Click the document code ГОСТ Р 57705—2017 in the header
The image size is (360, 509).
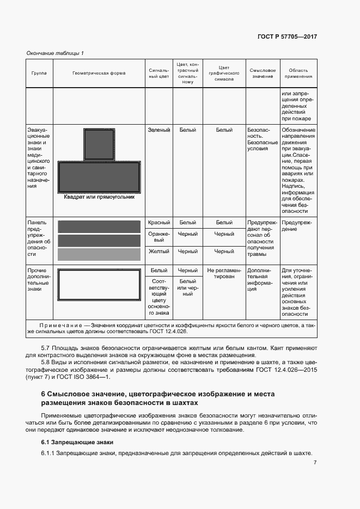(x=287, y=36)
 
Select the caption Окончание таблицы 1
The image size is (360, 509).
(x=55, y=53)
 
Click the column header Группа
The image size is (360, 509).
(x=39, y=72)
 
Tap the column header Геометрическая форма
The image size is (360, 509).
(x=99, y=72)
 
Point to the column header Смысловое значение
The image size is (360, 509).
(x=262, y=73)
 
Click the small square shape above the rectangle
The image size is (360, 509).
(x=99, y=145)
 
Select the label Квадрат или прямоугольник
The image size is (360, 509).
(x=99, y=197)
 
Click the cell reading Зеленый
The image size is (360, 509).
(x=159, y=130)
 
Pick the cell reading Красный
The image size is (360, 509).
(x=159, y=222)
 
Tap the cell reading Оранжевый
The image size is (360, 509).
(x=159, y=237)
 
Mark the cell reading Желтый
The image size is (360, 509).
(x=159, y=252)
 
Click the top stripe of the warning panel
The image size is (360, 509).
(x=99, y=226)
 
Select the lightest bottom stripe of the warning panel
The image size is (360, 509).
(x=99, y=254)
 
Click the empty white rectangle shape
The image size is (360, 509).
(x=99, y=286)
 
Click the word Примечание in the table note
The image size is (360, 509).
(x=60, y=324)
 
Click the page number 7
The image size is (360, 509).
(x=315, y=463)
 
